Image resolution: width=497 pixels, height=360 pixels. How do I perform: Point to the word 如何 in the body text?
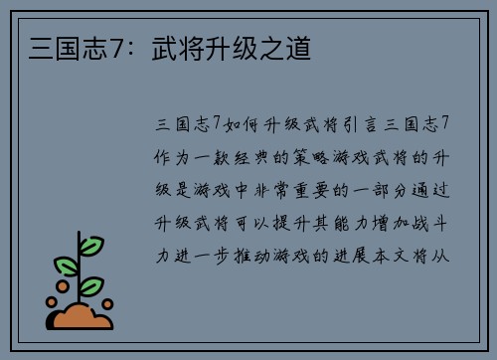coord(239,123)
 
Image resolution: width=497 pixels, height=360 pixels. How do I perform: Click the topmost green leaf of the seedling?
coord(90,245)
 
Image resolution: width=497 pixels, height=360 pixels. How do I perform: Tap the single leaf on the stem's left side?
coord(67,266)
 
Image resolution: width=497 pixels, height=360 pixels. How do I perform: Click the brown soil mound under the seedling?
coord(81,317)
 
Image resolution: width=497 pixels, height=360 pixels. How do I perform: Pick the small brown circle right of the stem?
coord(107,303)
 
